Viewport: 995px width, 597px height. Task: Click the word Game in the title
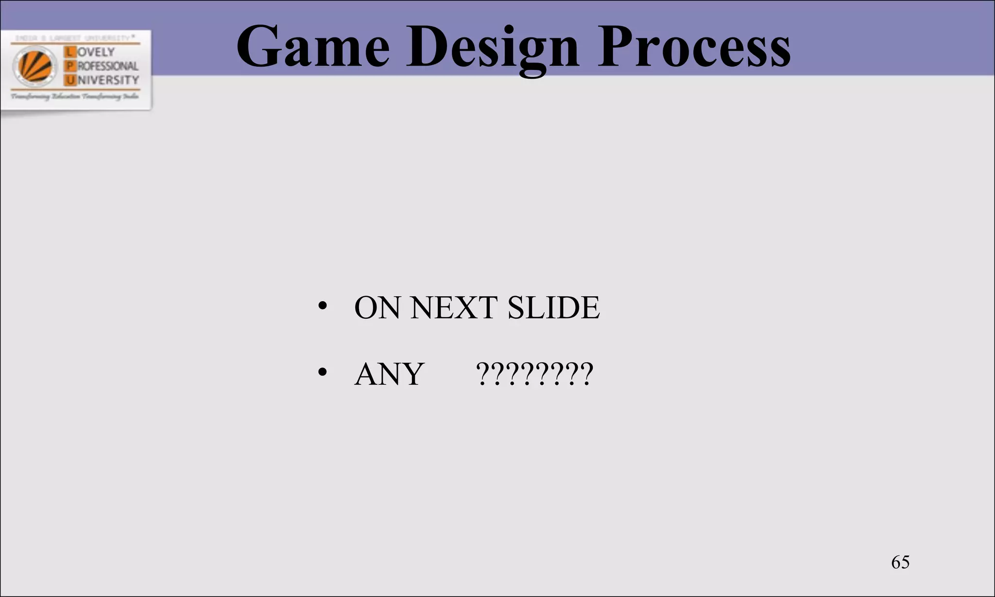tap(313, 47)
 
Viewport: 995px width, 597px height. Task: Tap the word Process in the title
tap(693, 47)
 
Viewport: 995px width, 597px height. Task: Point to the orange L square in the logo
tap(70, 52)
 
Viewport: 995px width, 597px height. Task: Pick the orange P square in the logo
tap(70, 66)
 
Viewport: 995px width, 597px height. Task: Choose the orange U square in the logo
tap(71, 80)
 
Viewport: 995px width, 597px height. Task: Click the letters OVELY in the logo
tap(96, 52)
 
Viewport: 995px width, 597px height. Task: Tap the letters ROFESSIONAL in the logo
tap(107, 66)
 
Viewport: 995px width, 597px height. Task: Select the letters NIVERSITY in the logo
tap(108, 80)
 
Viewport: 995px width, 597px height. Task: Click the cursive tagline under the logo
tap(75, 97)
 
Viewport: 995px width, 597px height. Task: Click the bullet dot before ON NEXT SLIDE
tap(322, 307)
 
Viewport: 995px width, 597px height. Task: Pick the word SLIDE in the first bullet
tap(553, 307)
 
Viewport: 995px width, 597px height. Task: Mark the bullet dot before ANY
tap(322, 373)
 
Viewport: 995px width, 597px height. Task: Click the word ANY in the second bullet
tap(390, 374)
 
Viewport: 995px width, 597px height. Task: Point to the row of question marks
tap(534, 374)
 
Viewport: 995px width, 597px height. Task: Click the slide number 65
tap(900, 562)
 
